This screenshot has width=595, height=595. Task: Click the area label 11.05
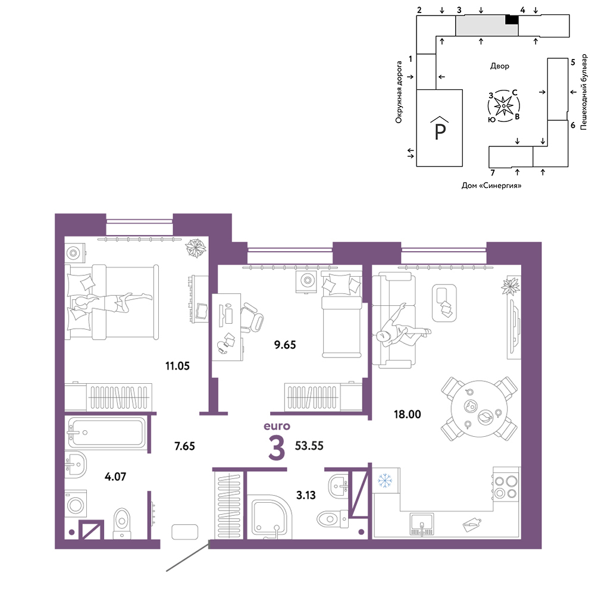pos(177,366)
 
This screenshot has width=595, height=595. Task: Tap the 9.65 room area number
pos(285,345)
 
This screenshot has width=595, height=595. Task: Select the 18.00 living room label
pos(407,414)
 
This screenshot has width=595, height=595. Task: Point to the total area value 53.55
pos(309,446)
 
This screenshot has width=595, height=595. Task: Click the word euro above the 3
pos(277,426)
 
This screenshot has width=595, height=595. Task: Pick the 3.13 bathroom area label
pos(306,495)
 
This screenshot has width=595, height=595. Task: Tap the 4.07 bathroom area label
pos(115,477)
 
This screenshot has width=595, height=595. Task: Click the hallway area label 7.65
pos(184,446)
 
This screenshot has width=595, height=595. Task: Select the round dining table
pos(480,409)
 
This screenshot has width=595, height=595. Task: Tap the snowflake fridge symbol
pos(385,481)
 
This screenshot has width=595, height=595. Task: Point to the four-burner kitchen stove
pos(506,487)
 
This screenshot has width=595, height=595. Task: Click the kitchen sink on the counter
pos(422,524)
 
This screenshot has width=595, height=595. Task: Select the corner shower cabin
pos(270,517)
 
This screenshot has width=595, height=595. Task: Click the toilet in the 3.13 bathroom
pos(332,519)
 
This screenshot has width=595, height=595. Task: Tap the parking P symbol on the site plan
pos(440,129)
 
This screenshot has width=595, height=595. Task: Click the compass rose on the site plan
pos(503,106)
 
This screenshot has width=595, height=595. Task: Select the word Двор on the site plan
pos(499,66)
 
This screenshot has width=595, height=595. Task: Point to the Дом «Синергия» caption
pos(491,186)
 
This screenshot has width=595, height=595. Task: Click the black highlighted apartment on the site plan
pos(512,20)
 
